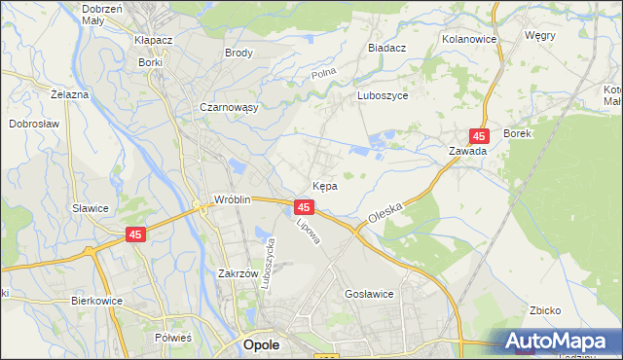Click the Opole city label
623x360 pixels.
click(261, 345)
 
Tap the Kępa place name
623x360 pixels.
click(325, 186)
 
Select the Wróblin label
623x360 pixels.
click(234, 200)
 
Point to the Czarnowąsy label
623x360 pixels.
click(228, 108)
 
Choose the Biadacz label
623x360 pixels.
click(387, 47)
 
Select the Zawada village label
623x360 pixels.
click(467, 152)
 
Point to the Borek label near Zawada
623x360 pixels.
click(517, 133)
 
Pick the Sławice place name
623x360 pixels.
click(90, 208)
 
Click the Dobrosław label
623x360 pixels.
click(36, 124)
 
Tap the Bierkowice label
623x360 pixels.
click(96, 301)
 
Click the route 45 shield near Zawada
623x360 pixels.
click(479, 135)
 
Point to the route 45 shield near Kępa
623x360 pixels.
click(304, 207)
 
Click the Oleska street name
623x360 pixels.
click(386, 212)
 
